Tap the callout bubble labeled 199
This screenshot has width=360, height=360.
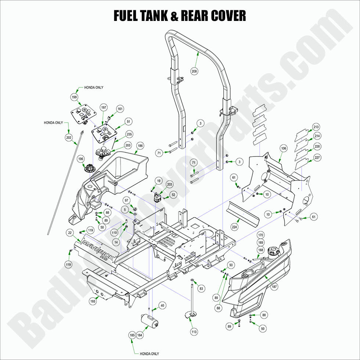(75, 97)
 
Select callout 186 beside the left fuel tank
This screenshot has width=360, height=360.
(140, 146)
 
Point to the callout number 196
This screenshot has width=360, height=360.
(81, 159)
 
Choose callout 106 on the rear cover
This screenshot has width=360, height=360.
(283, 148)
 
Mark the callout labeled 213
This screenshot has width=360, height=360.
(316, 127)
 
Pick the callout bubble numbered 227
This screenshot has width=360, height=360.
(316, 158)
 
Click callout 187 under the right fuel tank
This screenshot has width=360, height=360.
(274, 287)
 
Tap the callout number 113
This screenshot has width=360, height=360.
(194, 332)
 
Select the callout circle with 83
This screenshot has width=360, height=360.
(201, 289)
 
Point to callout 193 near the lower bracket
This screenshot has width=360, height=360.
(94, 301)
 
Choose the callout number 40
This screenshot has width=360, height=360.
(162, 305)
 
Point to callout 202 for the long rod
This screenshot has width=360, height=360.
(69, 137)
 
